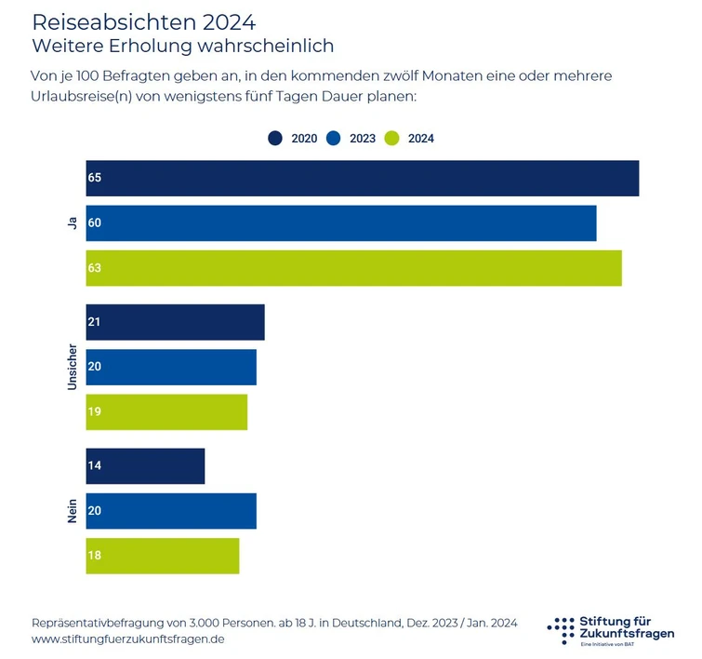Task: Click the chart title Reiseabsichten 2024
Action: tap(143, 21)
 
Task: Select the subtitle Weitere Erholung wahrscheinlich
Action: tap(182, 45)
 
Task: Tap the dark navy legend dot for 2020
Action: tap(275, 139)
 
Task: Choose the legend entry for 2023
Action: tap(351, 139)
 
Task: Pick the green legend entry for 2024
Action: tap(410, 139)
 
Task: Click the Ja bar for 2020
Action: tap(362, 178)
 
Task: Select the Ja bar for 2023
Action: tap(341, 223)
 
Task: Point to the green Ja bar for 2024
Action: tap(353, 268)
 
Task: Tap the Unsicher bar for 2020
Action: tap(175, 322)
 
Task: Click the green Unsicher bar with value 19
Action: tap(166, 412)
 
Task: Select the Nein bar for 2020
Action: tap(145, 466)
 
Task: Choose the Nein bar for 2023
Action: tap(171, 511)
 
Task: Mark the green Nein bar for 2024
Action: tap(163, 556)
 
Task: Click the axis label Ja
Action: tap(72, 223)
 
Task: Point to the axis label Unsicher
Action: tap(72, 367)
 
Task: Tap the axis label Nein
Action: tap(72, 511)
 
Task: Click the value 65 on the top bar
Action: tap(95, 178)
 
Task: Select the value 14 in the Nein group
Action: tap(95, 466)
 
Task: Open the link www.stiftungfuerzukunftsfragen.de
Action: tap(127, 639)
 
